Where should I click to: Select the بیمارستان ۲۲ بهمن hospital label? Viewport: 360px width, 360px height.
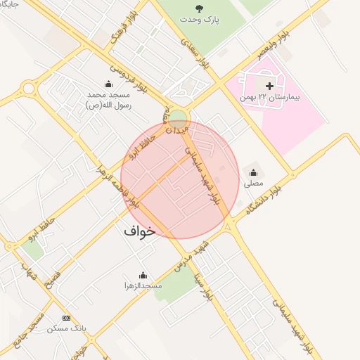coord(269,97)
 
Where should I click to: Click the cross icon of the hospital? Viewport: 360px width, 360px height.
coord(269,85)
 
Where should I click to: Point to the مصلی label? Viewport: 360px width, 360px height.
coord(253,184)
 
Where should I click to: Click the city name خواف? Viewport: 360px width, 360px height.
coord(139,231)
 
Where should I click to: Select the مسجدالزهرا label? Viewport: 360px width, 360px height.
coord(143,286)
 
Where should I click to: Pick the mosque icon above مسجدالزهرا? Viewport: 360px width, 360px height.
coord(143,275)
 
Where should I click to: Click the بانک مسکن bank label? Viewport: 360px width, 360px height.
coord(67,328)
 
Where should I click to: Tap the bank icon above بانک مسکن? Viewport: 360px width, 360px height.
coord(67,318)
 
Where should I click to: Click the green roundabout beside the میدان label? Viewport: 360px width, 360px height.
coord(179,117)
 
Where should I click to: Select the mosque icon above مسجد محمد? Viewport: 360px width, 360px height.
coord(108,84)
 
